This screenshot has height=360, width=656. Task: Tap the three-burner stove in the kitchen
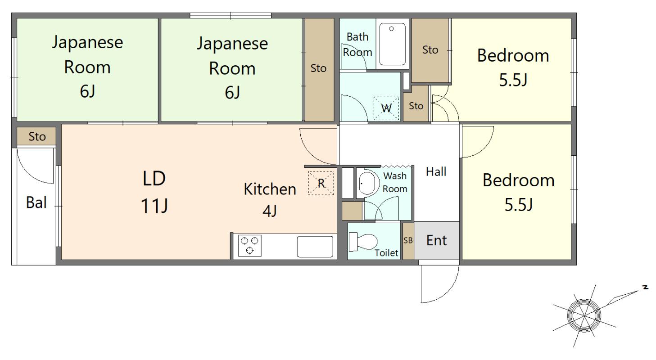click(250, 246)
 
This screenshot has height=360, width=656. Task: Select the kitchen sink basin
click(315, 247)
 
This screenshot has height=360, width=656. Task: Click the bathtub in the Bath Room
click(393, 44)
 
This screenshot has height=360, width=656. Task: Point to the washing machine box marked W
click(386, 108)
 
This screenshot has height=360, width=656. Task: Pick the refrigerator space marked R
click(321, 183)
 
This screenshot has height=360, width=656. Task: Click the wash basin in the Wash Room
click(367, 183)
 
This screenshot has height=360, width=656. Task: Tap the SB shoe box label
click(408, 240)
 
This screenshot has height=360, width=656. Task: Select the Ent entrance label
click(436, 241)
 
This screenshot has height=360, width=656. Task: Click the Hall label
click(436, 171)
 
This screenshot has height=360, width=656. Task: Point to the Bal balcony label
click(36, 202)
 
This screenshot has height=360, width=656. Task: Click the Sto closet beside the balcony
click(36, 136)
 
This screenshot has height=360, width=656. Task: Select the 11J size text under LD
click(154, 206)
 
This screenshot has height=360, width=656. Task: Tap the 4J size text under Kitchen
click(270, 211)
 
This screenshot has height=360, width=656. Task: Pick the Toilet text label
click(387, 252)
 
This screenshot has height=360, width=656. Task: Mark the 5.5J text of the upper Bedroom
click(513, 80)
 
